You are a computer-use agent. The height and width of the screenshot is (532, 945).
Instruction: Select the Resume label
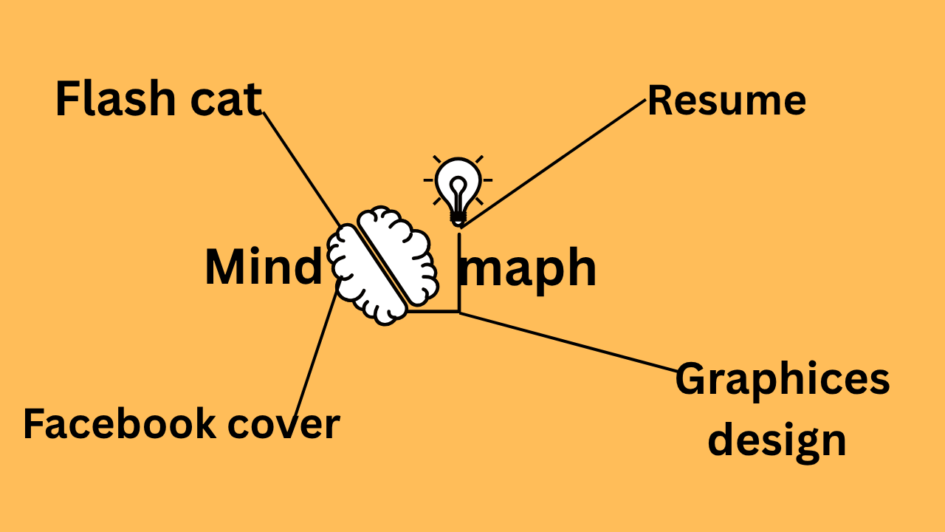(726, 100)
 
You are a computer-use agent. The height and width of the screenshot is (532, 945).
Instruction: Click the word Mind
(264, 267)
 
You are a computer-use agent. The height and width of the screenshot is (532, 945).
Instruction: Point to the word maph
(527, 269)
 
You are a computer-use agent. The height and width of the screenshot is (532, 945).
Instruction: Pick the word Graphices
(782, 380)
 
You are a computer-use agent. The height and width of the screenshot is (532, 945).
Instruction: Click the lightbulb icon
(458, 183)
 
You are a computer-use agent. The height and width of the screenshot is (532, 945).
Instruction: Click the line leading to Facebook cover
(313, 358)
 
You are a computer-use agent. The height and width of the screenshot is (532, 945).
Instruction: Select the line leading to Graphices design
(568, 341)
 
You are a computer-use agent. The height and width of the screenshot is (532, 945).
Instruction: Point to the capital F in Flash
(68, 100)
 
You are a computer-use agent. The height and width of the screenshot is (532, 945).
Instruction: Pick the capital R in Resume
(660, 100)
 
